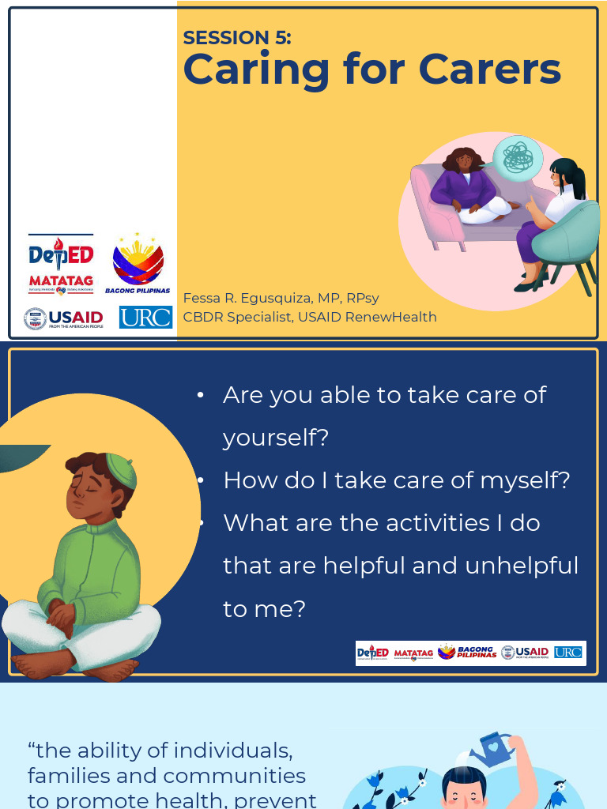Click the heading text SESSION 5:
(237, 37)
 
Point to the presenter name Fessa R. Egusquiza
(247, 298)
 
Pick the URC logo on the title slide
(145, 318)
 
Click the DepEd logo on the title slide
(61, 254)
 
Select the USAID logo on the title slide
(64, 318)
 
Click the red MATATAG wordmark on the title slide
(61, 281)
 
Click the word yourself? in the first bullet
(275, 438)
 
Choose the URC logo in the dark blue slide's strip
(567, 653)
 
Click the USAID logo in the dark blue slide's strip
(525, 653)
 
